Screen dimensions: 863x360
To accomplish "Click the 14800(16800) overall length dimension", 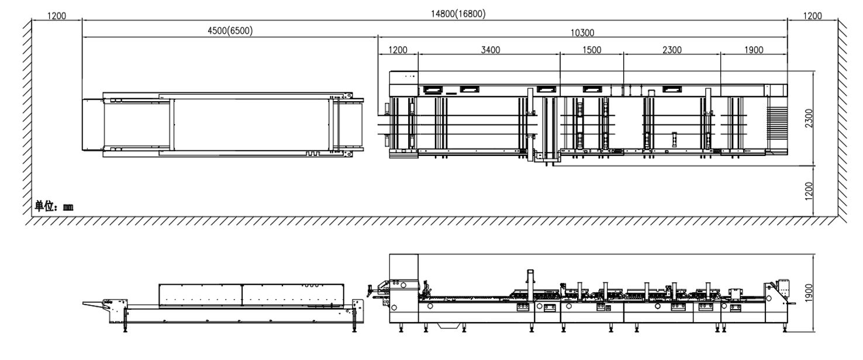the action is coord(458,14).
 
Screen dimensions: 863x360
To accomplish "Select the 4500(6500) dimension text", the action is coord(230,30).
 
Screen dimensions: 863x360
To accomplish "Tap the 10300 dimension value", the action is coord(582,33).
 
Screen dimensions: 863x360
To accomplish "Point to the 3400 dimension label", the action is coord(491,50).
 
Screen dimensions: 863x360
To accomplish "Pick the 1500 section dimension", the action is coord(592,50).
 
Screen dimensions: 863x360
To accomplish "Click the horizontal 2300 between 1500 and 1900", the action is coord(672,50).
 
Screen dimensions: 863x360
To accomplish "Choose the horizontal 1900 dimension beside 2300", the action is coord(754,50).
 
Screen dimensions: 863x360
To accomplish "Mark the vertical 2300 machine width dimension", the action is coord(809,118).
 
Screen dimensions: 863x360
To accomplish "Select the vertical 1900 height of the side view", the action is coord(809,293).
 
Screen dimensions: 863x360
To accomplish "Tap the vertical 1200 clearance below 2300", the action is coord(809,191).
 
